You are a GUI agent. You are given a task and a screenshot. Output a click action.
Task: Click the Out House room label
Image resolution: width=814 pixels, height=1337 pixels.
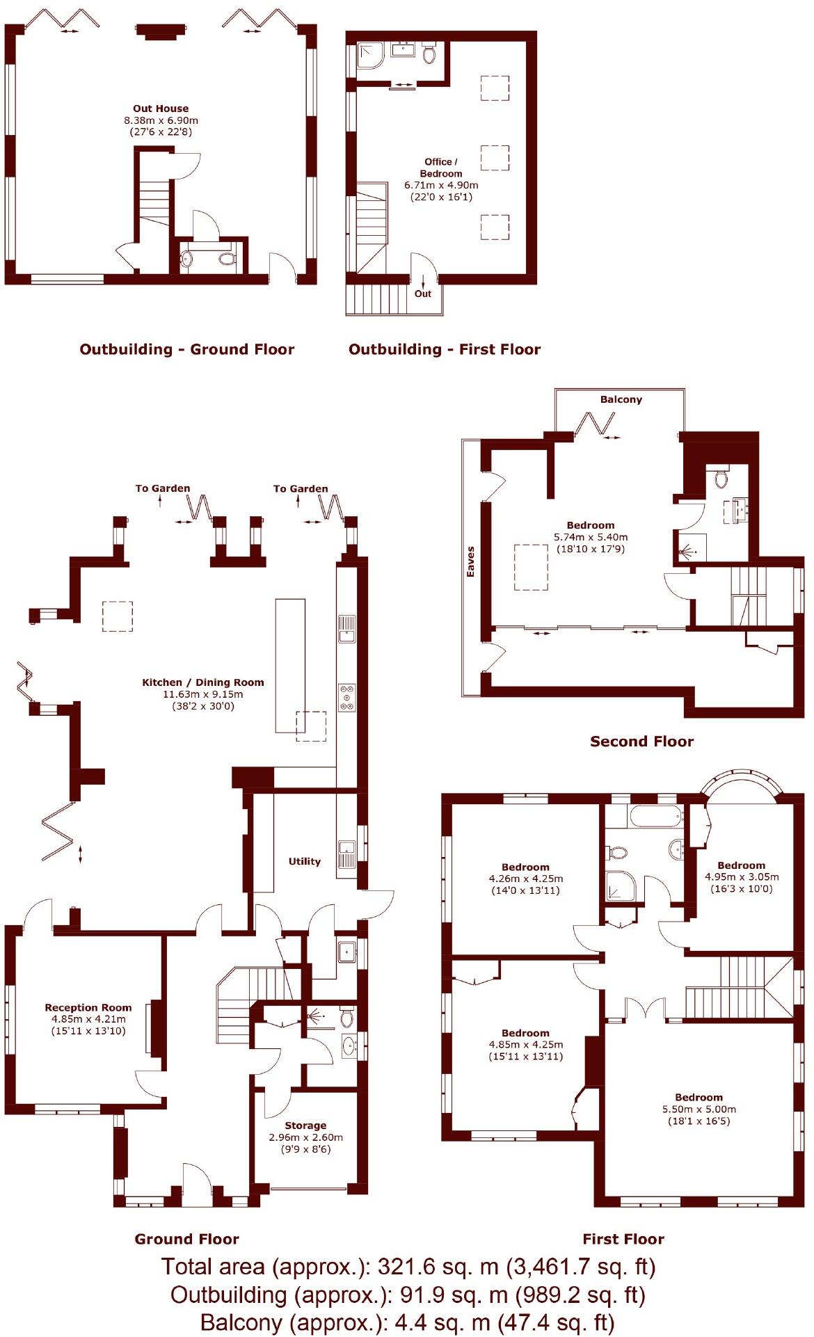coord(161,109)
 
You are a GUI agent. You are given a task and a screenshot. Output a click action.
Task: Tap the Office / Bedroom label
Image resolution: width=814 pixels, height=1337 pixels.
coord(441,168)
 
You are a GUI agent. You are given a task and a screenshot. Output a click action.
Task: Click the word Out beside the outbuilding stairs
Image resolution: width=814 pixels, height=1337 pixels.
coord(423,294)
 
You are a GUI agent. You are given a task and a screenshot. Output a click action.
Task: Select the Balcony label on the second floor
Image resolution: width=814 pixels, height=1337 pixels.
coord(621,399)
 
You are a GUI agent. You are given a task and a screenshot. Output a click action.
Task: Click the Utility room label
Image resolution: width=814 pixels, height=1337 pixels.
coord(305,861)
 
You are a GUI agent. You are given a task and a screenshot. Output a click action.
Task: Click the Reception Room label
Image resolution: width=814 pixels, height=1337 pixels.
coord(88,1007)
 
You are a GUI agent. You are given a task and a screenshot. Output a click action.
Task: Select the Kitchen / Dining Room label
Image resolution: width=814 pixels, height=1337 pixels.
coord(203,682)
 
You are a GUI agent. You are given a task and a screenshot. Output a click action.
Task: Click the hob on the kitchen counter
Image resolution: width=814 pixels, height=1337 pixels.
coord(346,698)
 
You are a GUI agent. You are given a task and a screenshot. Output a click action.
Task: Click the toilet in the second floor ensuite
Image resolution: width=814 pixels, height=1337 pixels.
coord(721,478)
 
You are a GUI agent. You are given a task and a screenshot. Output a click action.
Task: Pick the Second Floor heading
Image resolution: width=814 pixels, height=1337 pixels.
coord(641,742)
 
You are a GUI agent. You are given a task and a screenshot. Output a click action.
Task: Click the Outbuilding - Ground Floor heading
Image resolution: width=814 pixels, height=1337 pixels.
coord(187,349)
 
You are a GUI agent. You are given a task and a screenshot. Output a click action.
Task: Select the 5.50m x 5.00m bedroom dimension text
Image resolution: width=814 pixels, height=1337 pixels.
coord(699,1109)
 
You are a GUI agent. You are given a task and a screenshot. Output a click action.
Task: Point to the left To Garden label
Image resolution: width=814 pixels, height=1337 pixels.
coord(162,488)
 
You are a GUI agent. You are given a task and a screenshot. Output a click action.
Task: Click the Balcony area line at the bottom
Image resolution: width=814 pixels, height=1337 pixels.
coord(407,1322)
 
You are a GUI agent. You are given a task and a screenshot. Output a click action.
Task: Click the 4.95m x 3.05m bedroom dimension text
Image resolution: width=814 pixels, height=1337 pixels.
coord(742,876)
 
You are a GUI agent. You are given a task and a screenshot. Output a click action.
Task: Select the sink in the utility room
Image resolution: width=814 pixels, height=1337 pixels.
coord(346,850)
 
